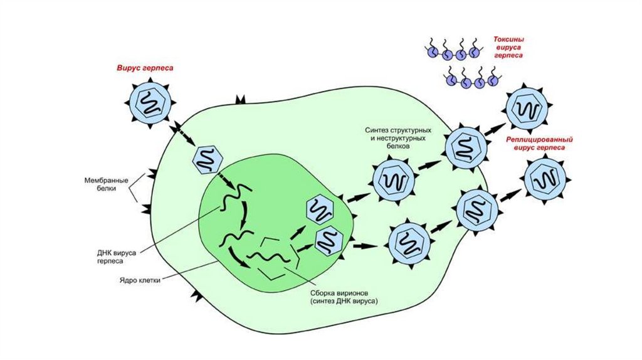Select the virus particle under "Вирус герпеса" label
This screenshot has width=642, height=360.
point(149,103)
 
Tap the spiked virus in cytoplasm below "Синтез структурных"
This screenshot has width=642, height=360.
point(393,182)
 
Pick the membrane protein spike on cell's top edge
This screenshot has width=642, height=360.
point(240,101)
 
